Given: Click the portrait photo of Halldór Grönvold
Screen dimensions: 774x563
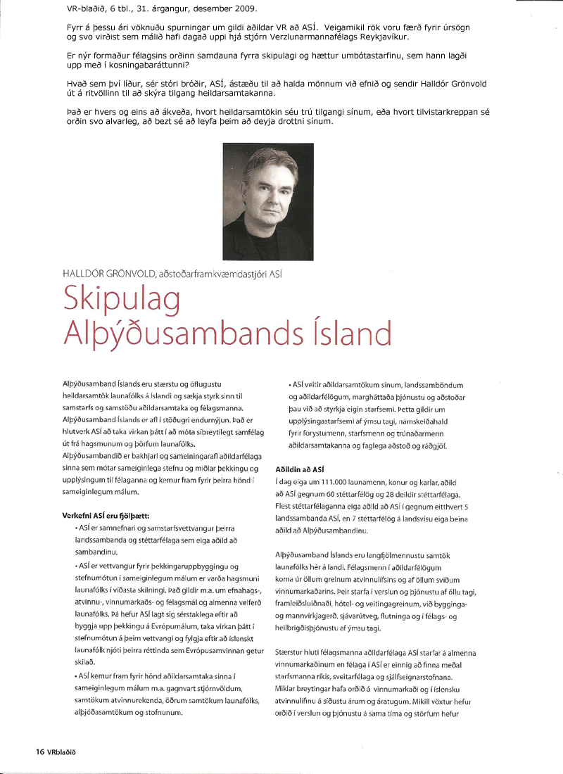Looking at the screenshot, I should point(267,202).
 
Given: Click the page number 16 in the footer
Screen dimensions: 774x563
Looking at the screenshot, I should point(40,751).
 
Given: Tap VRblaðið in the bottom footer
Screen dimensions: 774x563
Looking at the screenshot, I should point(61,751).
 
